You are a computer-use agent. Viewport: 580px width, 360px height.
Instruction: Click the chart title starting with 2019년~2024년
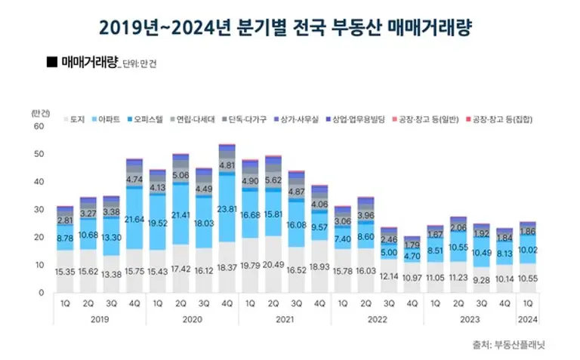point(291,29)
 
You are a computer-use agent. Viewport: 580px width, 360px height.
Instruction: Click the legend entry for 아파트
point(107,119)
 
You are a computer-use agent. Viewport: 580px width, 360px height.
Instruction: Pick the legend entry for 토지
point(74,119)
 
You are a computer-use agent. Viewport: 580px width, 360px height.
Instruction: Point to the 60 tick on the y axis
point(39,126)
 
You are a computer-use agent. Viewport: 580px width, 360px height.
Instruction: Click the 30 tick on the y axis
point(39,209)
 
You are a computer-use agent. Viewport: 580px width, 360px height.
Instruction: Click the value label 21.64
point(135,220)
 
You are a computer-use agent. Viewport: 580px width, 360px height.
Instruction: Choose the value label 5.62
point(273,180)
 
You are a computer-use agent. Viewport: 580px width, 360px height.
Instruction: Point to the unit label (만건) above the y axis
point(42,112)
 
